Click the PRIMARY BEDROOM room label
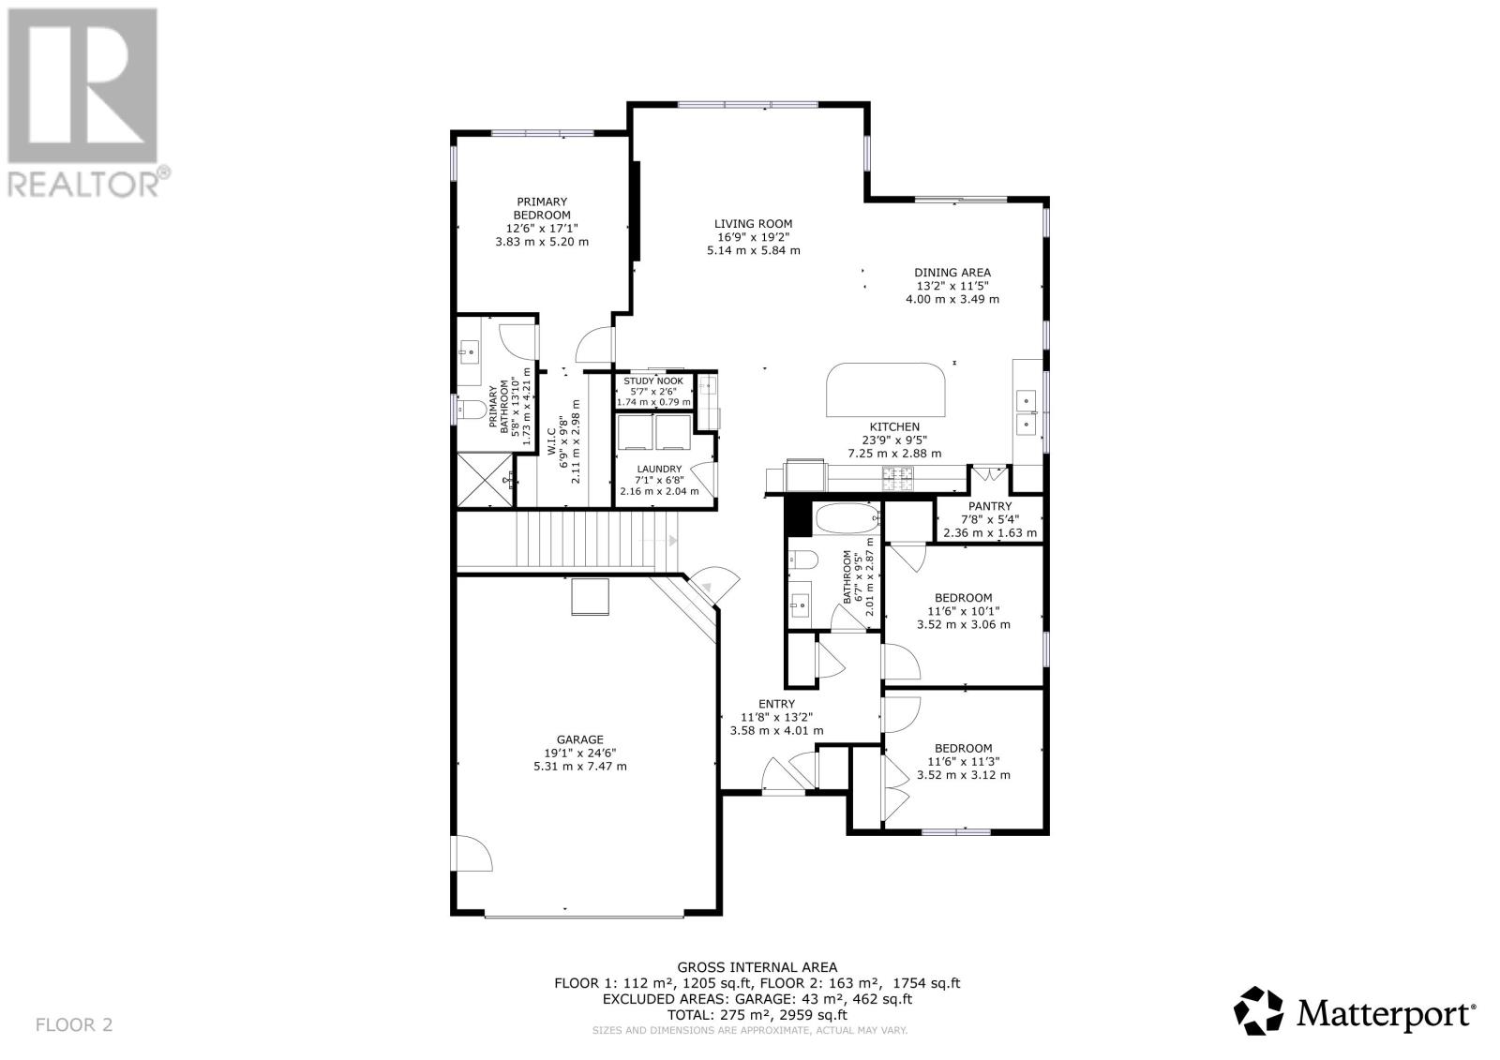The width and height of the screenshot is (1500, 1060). point(541,208)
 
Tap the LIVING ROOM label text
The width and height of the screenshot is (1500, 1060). point(753,224)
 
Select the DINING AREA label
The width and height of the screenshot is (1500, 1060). point(952,273)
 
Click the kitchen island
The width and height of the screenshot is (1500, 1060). point(885,390)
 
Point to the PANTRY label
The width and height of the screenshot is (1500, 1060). point(989,506)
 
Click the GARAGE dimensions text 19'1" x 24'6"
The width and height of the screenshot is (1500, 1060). point(579,753)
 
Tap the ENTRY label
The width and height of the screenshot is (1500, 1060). point(776,704)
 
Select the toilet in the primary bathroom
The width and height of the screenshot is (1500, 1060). point(471,410)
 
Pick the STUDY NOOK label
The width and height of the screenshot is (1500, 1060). point(653,381)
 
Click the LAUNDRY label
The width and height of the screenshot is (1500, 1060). point(659,470)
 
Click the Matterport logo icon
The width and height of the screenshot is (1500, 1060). point(1258,1012)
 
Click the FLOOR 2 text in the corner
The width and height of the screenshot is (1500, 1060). point(74,1024)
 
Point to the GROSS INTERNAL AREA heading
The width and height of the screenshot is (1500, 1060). point(757,967)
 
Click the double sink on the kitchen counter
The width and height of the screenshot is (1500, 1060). point(1027,412)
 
